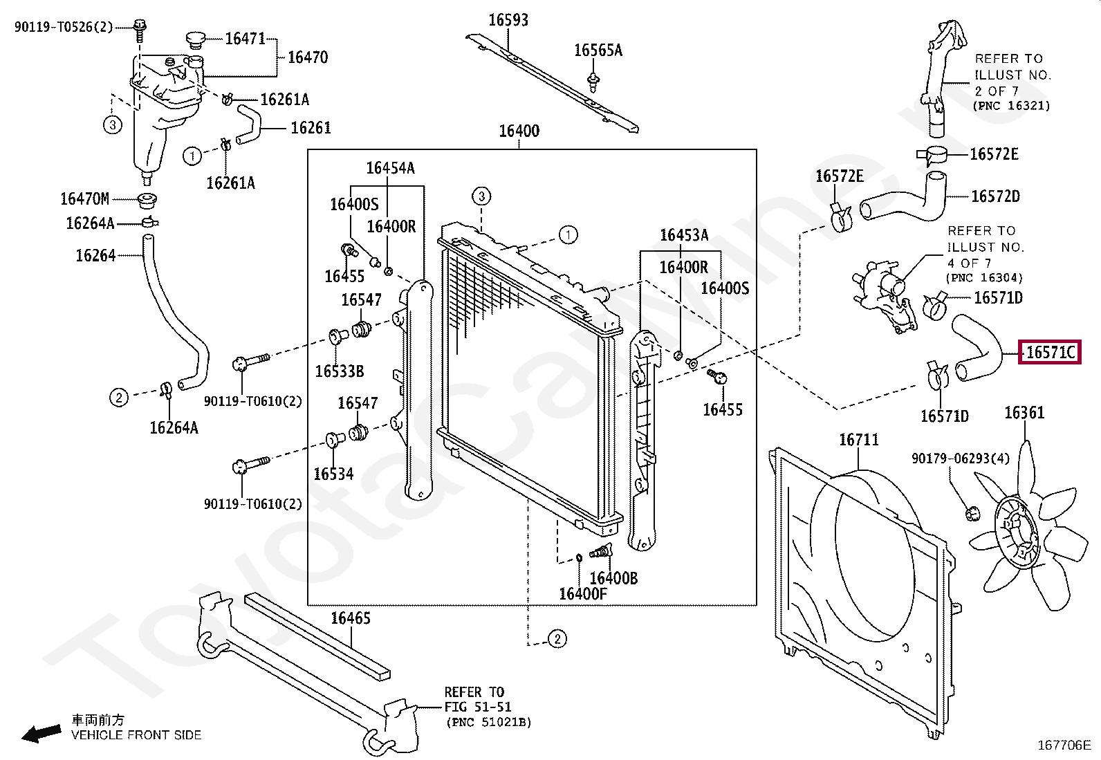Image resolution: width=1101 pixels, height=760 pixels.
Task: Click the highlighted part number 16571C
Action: coord(1050,353)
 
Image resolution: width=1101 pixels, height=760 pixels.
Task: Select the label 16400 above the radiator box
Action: coord(519,131)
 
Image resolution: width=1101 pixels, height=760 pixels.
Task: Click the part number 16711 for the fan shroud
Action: coord(858,440)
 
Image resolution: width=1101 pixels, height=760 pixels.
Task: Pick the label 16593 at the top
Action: coord(508,20)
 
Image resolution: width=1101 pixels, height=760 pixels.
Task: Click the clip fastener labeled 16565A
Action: coord(593,82)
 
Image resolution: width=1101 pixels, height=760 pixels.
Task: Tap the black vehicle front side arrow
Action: coord(41,734)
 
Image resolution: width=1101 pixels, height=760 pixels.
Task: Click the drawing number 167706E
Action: coord(1063,745)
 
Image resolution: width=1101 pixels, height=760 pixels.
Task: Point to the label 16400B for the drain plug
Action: coord(613,578)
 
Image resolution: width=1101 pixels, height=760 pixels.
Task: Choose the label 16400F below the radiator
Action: coord(582,593)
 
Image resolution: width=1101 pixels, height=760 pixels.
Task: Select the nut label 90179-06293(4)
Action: coord(960,458)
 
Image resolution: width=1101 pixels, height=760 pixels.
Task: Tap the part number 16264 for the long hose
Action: coord(95,256)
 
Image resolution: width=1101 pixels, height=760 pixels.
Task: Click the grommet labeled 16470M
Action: coord(147,201)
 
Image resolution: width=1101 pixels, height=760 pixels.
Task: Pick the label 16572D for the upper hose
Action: coord(994,196)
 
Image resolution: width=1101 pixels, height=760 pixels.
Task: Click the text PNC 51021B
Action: coord(489,722)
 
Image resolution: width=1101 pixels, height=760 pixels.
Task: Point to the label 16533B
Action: coord(339,371)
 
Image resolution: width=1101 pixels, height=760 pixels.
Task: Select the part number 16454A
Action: coord(390,168)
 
